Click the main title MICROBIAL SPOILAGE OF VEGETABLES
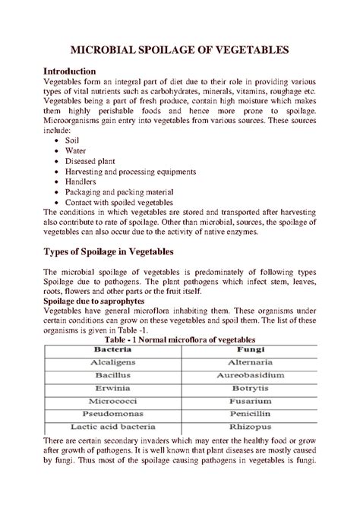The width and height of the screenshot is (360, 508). click(179, 50)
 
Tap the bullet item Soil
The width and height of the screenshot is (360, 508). click(73, 140)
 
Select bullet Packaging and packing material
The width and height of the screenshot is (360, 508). click(119, 192)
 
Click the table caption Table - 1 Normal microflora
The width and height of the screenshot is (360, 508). click(179, 339)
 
